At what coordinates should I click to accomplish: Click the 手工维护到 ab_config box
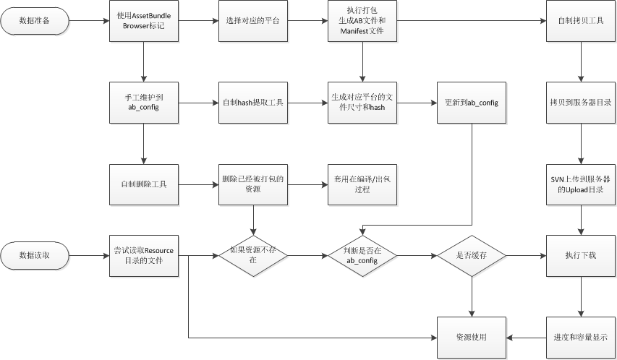click(145, 103)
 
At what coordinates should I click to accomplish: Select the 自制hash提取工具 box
click(254, 103)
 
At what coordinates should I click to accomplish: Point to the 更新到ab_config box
click(472, 103)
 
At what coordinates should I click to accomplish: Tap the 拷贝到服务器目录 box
click(581, 103)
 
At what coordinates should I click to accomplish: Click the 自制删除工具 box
click(145, 184)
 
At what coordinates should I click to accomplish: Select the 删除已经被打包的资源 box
click(254, 184)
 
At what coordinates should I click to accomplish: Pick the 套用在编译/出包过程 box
click(362, 184)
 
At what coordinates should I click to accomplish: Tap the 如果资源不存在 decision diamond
click(254, 255)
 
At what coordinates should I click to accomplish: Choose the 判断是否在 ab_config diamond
click(362, 255)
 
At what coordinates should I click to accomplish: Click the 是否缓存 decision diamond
click(472, 255)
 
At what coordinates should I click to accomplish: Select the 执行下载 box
click(581, 255)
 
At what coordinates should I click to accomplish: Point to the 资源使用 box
click(472, 337)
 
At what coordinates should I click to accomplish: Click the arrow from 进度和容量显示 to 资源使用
click(526, 337)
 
